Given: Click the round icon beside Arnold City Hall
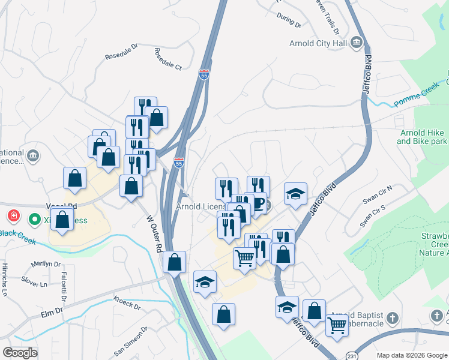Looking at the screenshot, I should (x=356, y=42).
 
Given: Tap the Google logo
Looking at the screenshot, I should (x=20, y=352).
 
